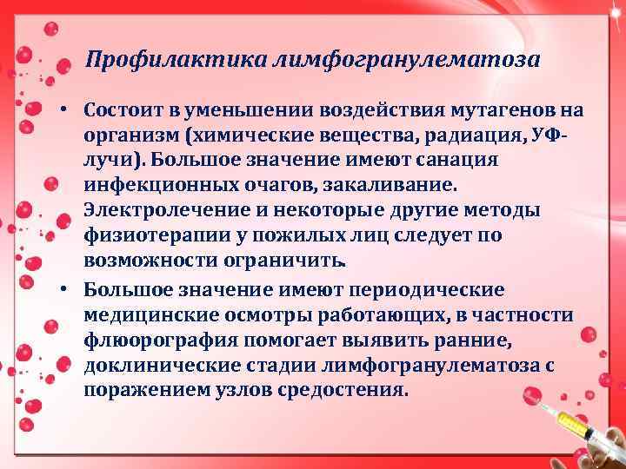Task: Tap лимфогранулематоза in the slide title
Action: (406, 61)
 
